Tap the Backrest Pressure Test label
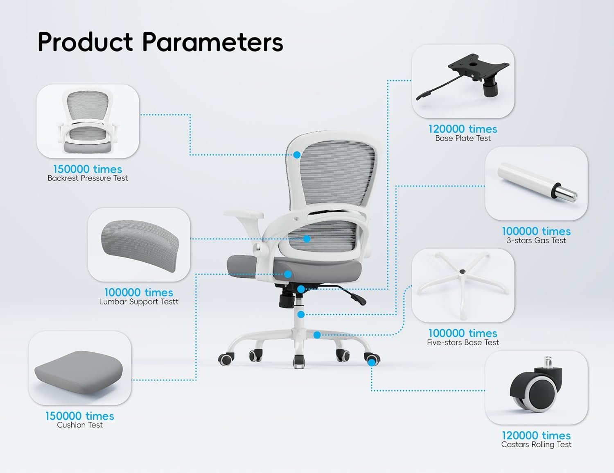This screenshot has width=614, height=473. (x=88, y=178)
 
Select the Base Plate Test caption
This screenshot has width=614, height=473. (x=463, y=138)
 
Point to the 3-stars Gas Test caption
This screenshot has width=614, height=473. (x=536, y=241)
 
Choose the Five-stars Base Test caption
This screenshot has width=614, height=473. (x=463, y=342)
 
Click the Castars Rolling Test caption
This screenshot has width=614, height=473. (x=536, y=444)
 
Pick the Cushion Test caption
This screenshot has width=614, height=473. (x=80, y=425)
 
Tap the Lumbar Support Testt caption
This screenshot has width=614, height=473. (x=139, y=302)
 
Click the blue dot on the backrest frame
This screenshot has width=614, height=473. (x=297, y=155)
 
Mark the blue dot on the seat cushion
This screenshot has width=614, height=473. (x=288, y=274)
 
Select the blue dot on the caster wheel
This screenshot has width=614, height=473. (x=372, y=362)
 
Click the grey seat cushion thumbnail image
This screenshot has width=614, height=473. (x=79, y=373)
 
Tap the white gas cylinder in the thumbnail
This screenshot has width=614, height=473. (x=537, y=182)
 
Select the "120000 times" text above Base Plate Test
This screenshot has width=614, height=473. (x=463, y=129)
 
